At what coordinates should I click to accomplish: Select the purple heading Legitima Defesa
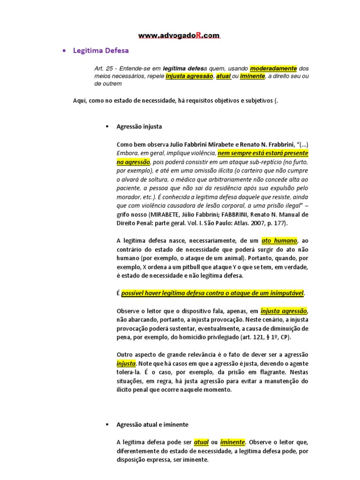coord(101,50)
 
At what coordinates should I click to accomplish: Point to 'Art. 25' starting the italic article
coord(104,68)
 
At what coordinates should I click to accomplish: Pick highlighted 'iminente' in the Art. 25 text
coord(252,76)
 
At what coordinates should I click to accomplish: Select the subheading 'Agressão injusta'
coord(139,127)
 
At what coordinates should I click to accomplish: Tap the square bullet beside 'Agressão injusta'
coord(107,127)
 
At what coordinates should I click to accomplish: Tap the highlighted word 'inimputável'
coord(284,293)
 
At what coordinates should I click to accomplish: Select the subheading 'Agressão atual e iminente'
coord(152,424)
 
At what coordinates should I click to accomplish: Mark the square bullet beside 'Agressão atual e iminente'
coord(107,424)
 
